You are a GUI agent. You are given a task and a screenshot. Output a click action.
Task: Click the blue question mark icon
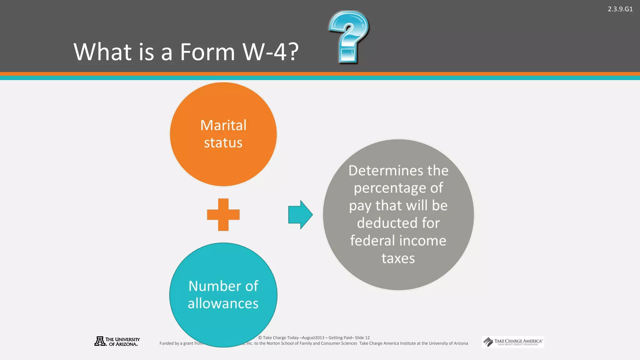pyautogui.click(x=348, y=36)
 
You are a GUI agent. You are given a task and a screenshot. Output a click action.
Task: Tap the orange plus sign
pyautogui.click(x=223, y=215)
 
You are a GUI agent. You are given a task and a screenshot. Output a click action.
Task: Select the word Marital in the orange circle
pyautogui.click(x=223, y=125)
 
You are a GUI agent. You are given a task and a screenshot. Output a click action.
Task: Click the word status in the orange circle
pyautogui.click(x=223, y=143)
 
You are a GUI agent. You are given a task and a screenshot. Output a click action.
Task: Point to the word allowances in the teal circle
pyautogui.click(x=223, y=303)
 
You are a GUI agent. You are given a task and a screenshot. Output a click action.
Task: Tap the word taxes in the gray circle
pyautogui.click(x=398, y=258)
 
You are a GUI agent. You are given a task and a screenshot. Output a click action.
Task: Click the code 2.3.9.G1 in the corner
pyautogui.click(x=620, y=9)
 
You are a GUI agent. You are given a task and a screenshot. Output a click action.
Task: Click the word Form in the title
pyautogui.click(x=207, y=52)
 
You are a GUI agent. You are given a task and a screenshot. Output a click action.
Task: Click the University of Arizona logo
pyautogui.click(x=117, y=341)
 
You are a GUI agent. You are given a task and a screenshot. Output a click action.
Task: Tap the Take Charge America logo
pyautogui.click(x=513, y=342)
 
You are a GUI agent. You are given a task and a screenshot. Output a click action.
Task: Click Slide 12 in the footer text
pyautogui.click(x=362, y=337)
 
